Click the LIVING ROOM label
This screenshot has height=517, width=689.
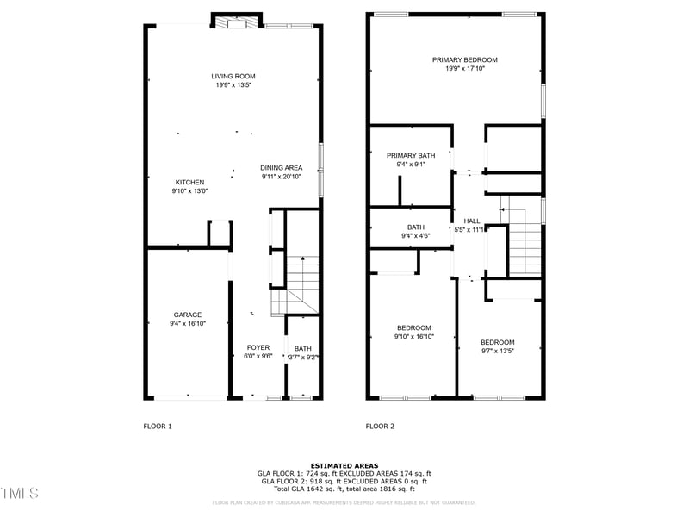[233, 77]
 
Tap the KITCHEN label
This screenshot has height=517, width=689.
[189, 182]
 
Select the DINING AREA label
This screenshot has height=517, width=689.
[281, 167]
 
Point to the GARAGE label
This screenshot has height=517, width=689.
[187, 315]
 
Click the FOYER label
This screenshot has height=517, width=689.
[258, 347]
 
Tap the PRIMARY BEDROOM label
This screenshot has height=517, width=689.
[464, 59]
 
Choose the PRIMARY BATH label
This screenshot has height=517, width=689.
[411, 155]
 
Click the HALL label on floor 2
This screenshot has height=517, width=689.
[472, 221]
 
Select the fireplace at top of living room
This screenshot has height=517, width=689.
[236, 22]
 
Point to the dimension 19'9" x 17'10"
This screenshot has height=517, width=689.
[464, 68]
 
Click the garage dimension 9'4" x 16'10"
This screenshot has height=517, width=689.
[187, 324]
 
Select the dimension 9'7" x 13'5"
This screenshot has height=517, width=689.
[497, 351]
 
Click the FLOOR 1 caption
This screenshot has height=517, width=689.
[158, 427]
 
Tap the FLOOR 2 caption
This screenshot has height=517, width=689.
[380, 427]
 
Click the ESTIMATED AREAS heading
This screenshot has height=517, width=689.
[344, 465]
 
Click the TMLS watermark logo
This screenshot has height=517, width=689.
[20, 494]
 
